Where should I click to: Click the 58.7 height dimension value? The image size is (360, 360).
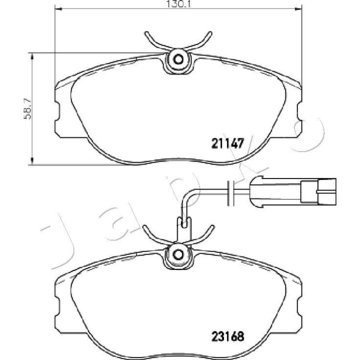pyautogui.click(x=27, y=108)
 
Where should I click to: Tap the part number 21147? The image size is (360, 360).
pyautogui.click(x=227, y=143)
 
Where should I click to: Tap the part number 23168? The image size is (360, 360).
pyautogui.click(x=227, y=337)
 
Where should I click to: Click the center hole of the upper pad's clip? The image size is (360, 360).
pyautogui.click(x=178, y=59)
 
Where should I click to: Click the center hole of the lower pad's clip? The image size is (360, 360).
pyautogui.click(x=178, y=254)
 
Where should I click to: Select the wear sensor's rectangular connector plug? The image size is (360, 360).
pyautogui.click(x=318, y=191)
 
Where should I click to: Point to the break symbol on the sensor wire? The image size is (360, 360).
pyautogui.click(x=230, y=193)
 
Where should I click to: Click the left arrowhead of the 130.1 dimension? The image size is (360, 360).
pyautogui.click(x=58, y=9)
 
